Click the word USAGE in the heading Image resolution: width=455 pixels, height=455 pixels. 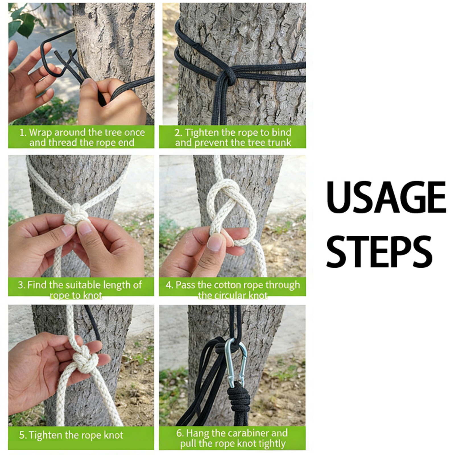(x=386, y=197)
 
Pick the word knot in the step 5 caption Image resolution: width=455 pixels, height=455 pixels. (x=113, y=435)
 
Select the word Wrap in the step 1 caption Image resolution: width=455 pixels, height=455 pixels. (x=41, y=133)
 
